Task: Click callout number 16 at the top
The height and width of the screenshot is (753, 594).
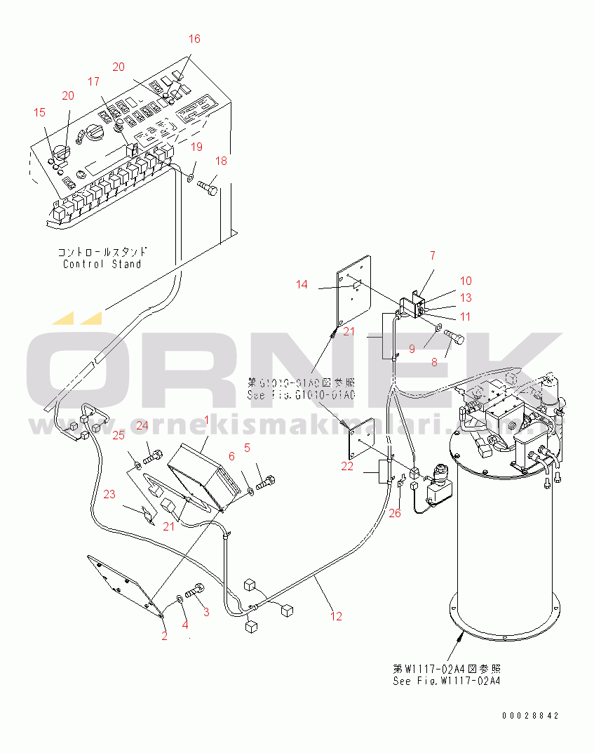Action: [194, 39]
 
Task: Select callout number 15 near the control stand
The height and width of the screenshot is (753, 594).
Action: [39, 112]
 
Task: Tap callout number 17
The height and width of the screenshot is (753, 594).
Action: [94, 81]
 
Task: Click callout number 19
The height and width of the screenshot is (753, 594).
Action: [197, 147]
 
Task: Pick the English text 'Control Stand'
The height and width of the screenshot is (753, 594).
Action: [102, 264]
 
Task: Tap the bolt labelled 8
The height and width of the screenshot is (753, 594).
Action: [453, 340]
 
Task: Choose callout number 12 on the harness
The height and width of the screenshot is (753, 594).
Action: [337, 616]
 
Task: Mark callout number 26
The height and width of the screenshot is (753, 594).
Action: [396, 513]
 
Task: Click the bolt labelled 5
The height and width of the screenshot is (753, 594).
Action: [267, 483]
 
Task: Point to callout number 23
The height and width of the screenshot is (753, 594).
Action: [109, 494]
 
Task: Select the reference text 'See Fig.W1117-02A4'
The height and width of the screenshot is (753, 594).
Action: [447, 681]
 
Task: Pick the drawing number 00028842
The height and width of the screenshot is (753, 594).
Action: [531, 715]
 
